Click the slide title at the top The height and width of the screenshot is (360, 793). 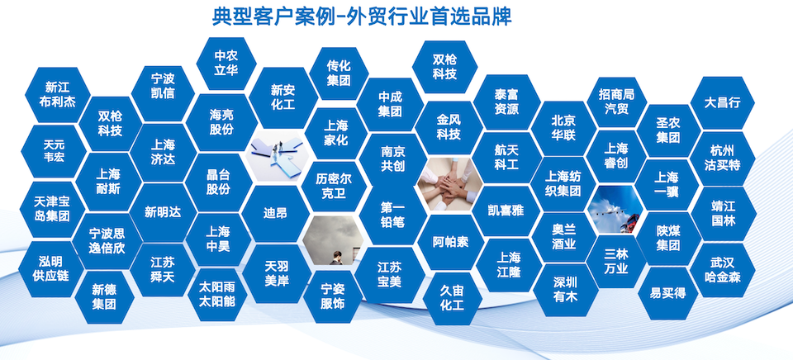362,17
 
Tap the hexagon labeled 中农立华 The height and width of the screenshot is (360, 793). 226,63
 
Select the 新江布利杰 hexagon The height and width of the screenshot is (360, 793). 57,95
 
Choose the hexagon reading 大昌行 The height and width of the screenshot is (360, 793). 722,103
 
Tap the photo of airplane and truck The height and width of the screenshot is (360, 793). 615,210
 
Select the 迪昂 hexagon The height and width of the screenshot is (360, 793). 275,213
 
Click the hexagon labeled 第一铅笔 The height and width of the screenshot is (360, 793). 392,215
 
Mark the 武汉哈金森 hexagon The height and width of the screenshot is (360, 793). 722,270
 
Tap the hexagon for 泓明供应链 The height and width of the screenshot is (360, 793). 50,268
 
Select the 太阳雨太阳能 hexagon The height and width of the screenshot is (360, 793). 217,294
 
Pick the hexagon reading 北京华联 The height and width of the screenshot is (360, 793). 563,129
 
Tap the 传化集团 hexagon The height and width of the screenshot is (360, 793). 339,73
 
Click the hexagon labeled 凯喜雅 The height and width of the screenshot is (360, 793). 506,211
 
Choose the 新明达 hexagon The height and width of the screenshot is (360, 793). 163,212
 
